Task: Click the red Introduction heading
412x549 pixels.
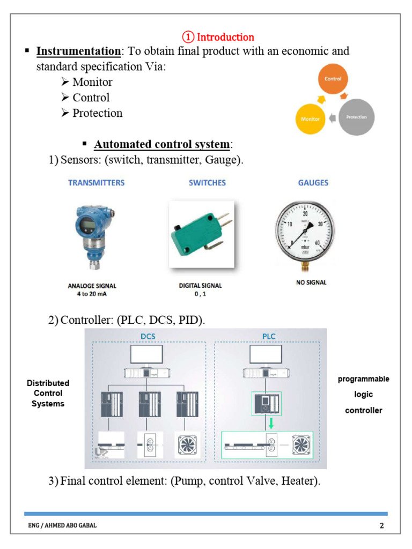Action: tap(218, 37)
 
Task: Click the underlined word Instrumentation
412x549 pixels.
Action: tap(78, 51)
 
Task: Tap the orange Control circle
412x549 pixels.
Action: tap(333, 79)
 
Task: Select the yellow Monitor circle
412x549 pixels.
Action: tap(310, 118)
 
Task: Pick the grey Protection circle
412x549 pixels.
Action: tap(356, 117)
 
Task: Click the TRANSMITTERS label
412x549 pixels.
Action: tap(96, 183)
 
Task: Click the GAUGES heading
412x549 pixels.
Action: tap(313, 183)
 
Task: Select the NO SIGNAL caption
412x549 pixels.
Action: tap(311, 283)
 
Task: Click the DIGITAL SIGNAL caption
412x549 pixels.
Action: tap(200, 286)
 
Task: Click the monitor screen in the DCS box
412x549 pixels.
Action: tap(146, 355)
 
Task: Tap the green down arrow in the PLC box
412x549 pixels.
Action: tap(271, 423)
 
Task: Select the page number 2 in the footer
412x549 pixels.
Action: tap(382, 525)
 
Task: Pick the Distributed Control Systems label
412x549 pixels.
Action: tap(48, 394)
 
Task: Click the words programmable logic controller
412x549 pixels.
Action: tap(363, 395)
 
